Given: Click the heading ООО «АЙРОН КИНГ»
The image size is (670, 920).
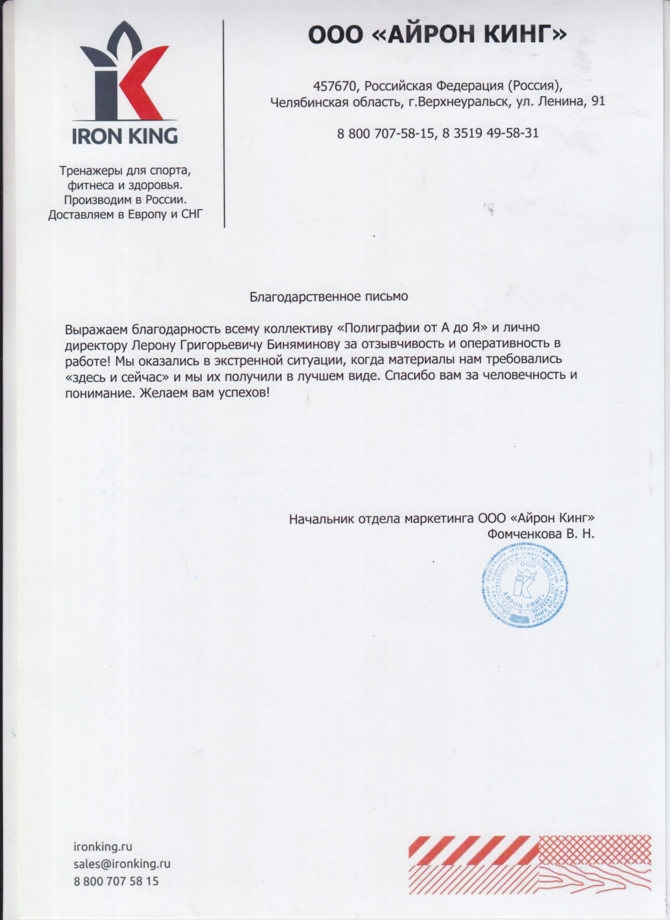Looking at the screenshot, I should pyautogui.click(x=437, y=35).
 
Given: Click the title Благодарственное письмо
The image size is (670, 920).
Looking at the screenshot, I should pyautogui.click(x=328, y=297).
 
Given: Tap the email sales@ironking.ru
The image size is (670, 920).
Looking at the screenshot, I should pyautogui.click(x=122, y=863).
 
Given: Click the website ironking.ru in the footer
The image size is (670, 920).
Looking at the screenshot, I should pyautogui.click(x=103, y=846).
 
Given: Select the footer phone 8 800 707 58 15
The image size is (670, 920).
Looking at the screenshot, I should pyautogui.click(x=116, y=881).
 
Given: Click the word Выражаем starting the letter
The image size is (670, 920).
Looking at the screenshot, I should pyautogui.click(x=96, y=329).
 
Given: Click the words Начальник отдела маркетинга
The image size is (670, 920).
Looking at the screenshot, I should pyautogui.click(x=382, y=518).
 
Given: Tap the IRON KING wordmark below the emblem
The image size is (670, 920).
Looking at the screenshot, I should pyautogui.click(x=125, y=136).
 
